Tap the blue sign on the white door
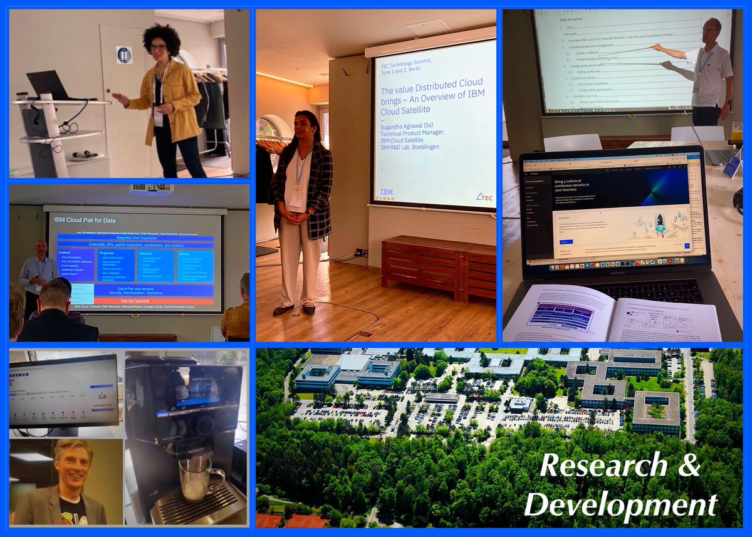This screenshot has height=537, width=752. point(123,55)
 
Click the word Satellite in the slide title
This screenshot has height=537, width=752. point(401,110)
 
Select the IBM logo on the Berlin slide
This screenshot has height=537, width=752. point(387,192)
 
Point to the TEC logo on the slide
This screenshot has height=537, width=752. point(484,197)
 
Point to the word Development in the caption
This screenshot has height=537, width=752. point(620,504)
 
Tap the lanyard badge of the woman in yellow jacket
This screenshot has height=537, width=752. point(158,116)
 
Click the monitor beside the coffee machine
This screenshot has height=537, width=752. point(63,392)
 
